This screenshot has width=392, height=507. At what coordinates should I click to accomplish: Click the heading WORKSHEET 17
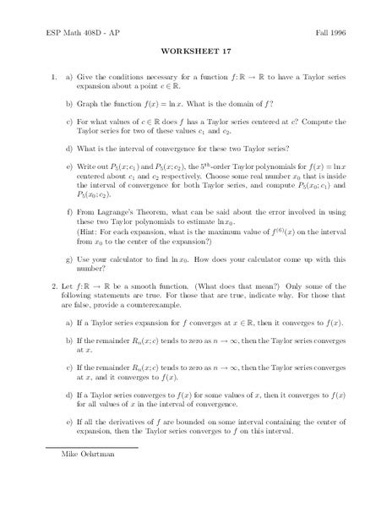[x=195, y=50]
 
